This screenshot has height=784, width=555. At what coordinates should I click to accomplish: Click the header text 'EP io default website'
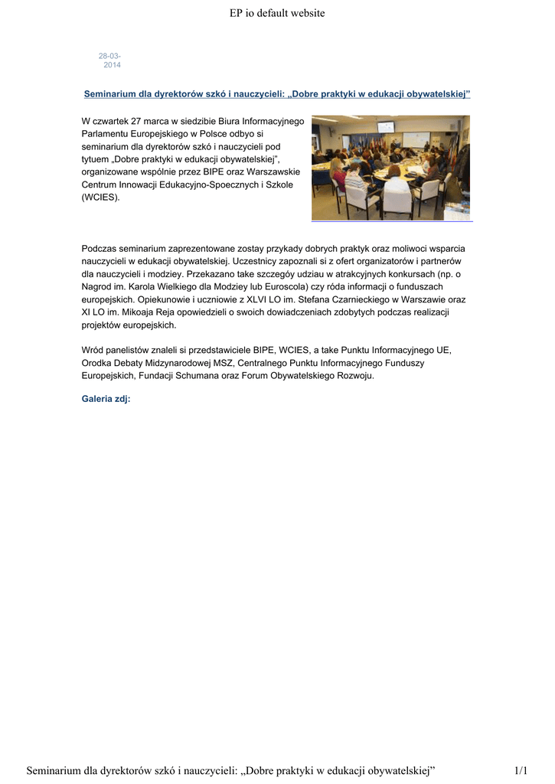(x=277, y=13)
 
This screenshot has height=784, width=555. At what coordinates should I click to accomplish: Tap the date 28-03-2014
(x=110, y=60)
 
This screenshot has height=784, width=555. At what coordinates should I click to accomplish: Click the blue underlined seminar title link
(x=276, y=93)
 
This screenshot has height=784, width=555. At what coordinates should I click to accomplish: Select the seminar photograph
(x=390, y=168)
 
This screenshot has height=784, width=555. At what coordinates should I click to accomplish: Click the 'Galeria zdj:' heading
(x=106, y=399)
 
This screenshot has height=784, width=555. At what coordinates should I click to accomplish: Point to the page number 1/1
(x=521, y=769)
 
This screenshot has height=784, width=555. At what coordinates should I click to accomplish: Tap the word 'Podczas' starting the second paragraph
(x=100, y=248)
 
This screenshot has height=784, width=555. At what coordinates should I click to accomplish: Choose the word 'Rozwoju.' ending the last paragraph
(x=354, y=375)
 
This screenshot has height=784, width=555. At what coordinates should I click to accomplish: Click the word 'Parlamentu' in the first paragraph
(x=106, y=134)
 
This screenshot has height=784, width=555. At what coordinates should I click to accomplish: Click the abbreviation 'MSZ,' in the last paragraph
(x=222, y=362)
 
